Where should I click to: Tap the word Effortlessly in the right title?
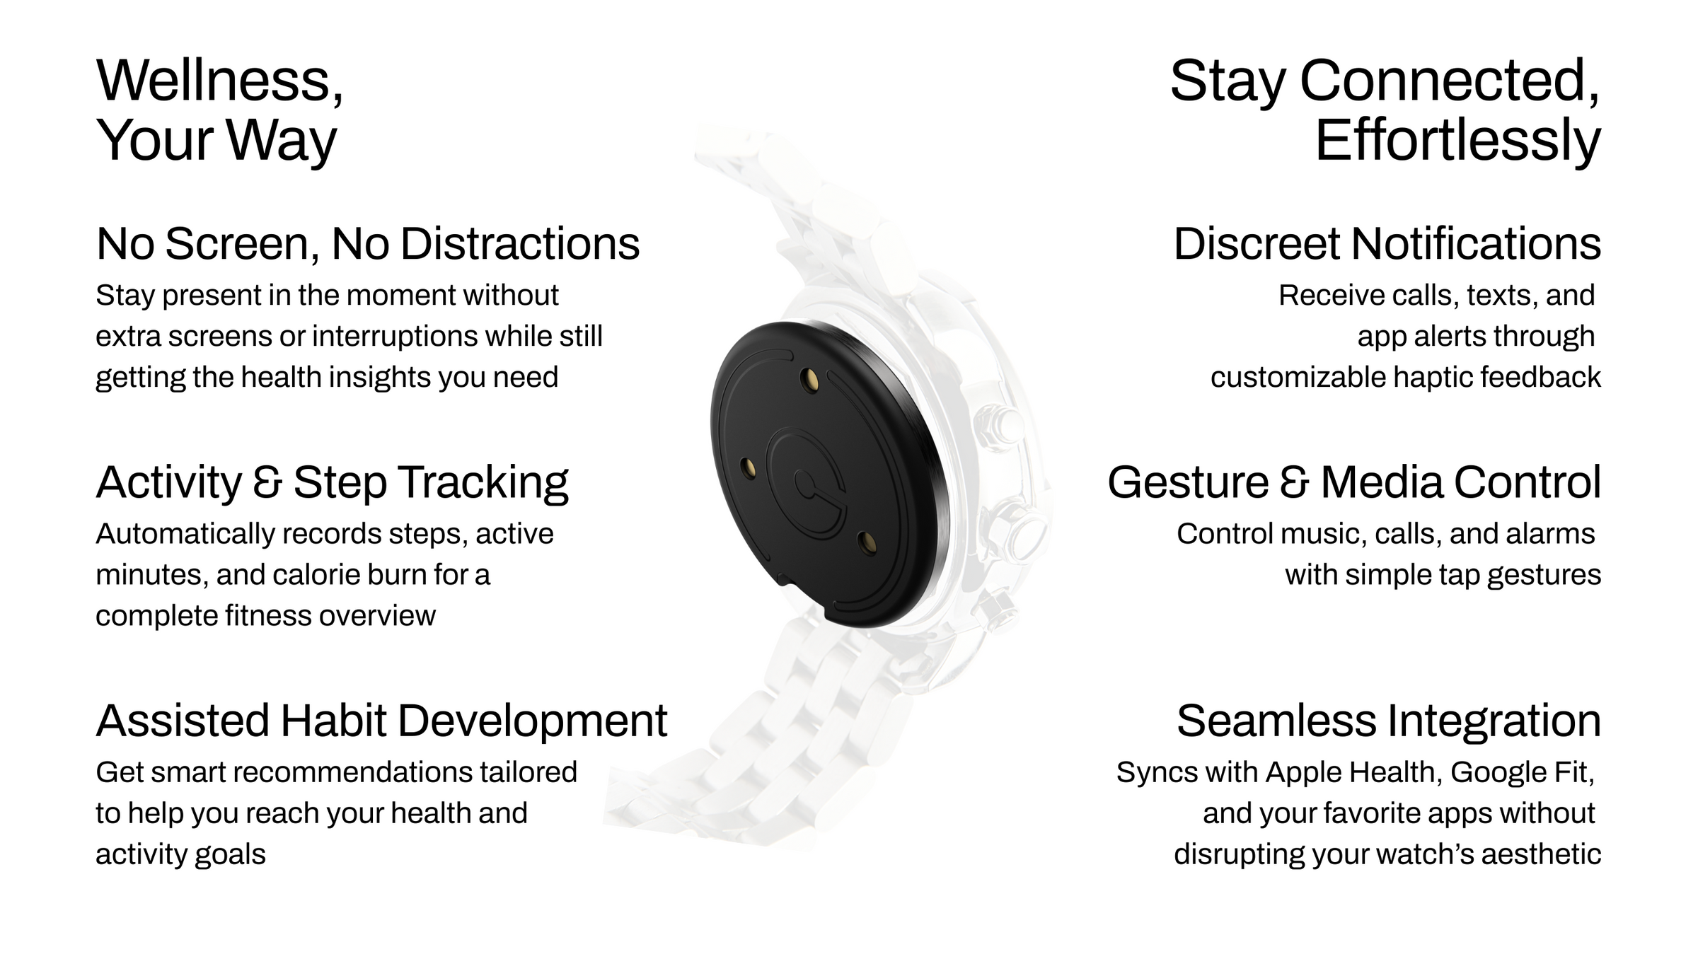(1457, 141)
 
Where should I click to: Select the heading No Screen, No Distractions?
(368, 245)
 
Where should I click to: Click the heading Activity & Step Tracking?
(332, 484)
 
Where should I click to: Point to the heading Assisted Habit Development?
(381, 722)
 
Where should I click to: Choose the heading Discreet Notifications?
(1387, 244)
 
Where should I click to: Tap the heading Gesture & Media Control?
(1353, 483)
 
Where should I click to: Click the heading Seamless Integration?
(1388, 722)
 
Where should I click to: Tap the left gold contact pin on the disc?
(748, 467)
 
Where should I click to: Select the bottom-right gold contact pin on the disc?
(867, 542)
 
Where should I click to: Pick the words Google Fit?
(1522, 773)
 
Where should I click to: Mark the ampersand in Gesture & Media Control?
(1295, 484)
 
